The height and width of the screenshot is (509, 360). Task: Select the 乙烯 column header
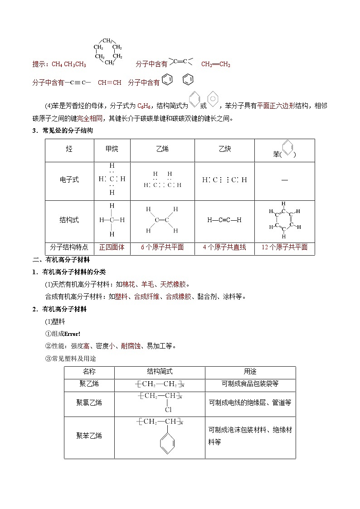pos(162,149)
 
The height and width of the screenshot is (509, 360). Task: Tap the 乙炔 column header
pos(224,149)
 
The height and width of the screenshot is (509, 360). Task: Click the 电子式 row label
pos(69,179)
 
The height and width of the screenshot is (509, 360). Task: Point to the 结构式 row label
pos(69,220)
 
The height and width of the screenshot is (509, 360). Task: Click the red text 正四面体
pos(112,247)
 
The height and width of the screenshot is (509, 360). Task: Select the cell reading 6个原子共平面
pos(162,247)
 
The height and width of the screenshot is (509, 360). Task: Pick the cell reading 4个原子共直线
pos(224,247)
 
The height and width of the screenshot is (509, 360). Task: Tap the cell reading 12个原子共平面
pos(284,247)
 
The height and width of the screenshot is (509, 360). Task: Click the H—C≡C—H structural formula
pos(224,220)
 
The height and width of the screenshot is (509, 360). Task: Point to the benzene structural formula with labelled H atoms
pos(284,220)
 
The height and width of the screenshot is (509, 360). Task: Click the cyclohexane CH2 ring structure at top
pos(108,52)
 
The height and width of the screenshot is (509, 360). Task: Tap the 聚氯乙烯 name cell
pos(89,402)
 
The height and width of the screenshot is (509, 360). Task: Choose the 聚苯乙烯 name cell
pos(89,436)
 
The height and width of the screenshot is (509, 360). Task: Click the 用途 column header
pos(250,372)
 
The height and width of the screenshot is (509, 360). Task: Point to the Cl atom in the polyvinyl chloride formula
pos(167,410)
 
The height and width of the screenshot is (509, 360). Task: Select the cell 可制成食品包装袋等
pos(250,384)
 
